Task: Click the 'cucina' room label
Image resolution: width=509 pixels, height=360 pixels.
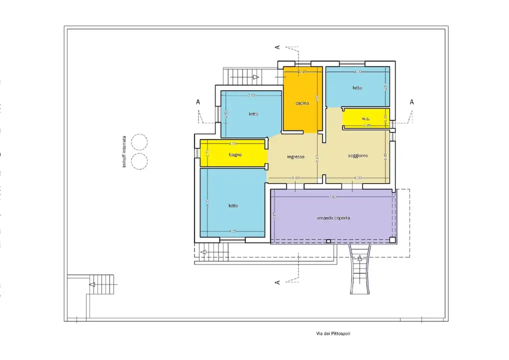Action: (302, 103)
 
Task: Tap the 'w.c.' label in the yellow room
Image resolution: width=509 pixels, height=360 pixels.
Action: (365, 118)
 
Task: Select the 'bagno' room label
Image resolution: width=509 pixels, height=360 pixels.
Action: (235, 154)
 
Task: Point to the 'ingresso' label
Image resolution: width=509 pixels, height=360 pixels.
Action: (295, 156)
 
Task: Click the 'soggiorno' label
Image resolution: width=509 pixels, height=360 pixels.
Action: (357, 155)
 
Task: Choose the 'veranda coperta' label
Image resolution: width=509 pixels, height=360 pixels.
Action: (333, 218)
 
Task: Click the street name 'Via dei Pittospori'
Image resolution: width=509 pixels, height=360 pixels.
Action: (333, 333)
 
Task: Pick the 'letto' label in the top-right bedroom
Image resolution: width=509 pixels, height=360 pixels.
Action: (357, 87)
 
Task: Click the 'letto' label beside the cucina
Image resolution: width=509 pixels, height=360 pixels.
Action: (253, 114)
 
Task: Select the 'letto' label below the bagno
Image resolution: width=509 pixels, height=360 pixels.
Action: (233, 205)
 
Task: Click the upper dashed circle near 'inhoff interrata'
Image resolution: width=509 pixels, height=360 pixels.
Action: (139, 142)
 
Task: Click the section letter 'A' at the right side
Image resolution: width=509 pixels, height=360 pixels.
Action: (412, 101)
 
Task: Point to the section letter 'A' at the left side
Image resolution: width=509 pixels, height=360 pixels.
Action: (198, 101)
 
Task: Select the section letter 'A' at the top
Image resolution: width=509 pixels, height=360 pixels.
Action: (277, 47)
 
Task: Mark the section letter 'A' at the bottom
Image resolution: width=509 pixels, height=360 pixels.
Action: (277, 282)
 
